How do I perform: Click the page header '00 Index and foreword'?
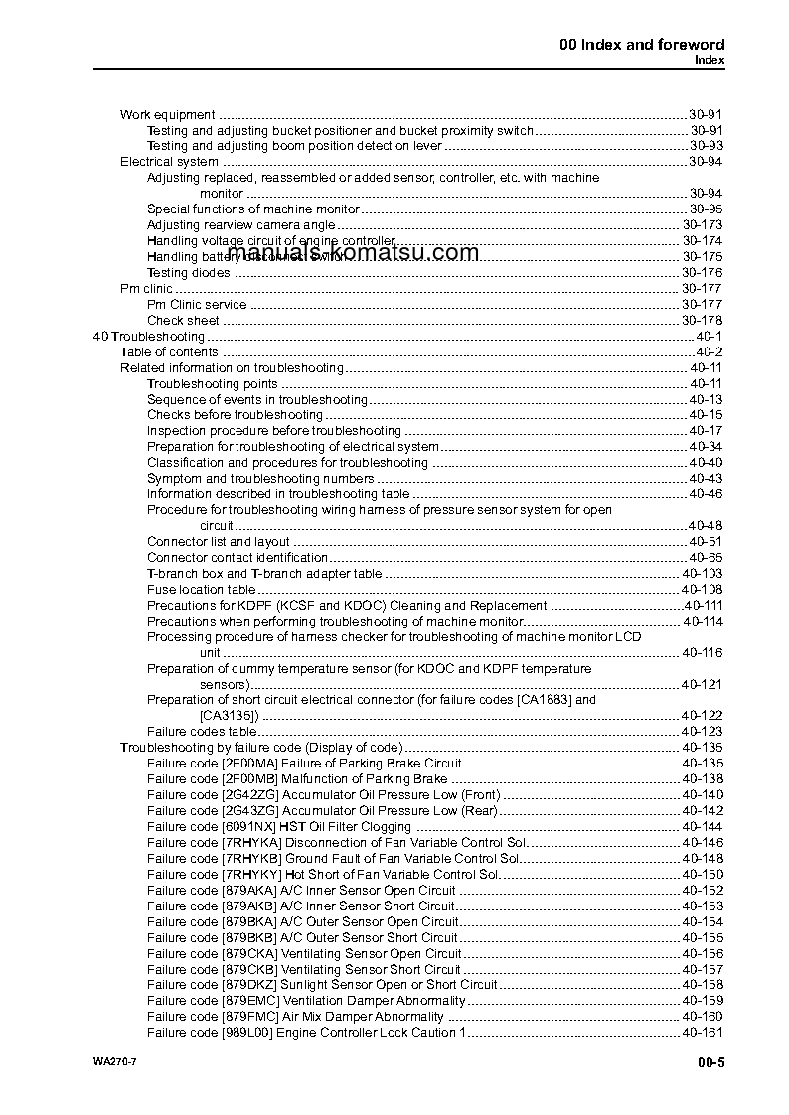(642, 44)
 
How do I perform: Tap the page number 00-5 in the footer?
(710, 1065)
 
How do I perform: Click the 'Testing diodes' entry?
(188, 273)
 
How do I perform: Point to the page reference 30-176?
(702, 273)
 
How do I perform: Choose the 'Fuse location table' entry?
(201, 590)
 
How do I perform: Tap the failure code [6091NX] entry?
(278, 827)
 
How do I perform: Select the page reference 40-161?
(702, 1033)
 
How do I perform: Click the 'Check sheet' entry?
(183, 321)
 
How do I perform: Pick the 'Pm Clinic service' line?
(197, 305)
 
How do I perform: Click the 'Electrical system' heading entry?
(169, 162)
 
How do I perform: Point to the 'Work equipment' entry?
(167, 115)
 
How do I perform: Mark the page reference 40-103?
(702, 574)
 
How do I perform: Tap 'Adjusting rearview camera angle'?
(241, 225)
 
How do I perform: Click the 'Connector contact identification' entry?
(237, 558)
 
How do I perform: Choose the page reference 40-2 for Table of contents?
(709, 352)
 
